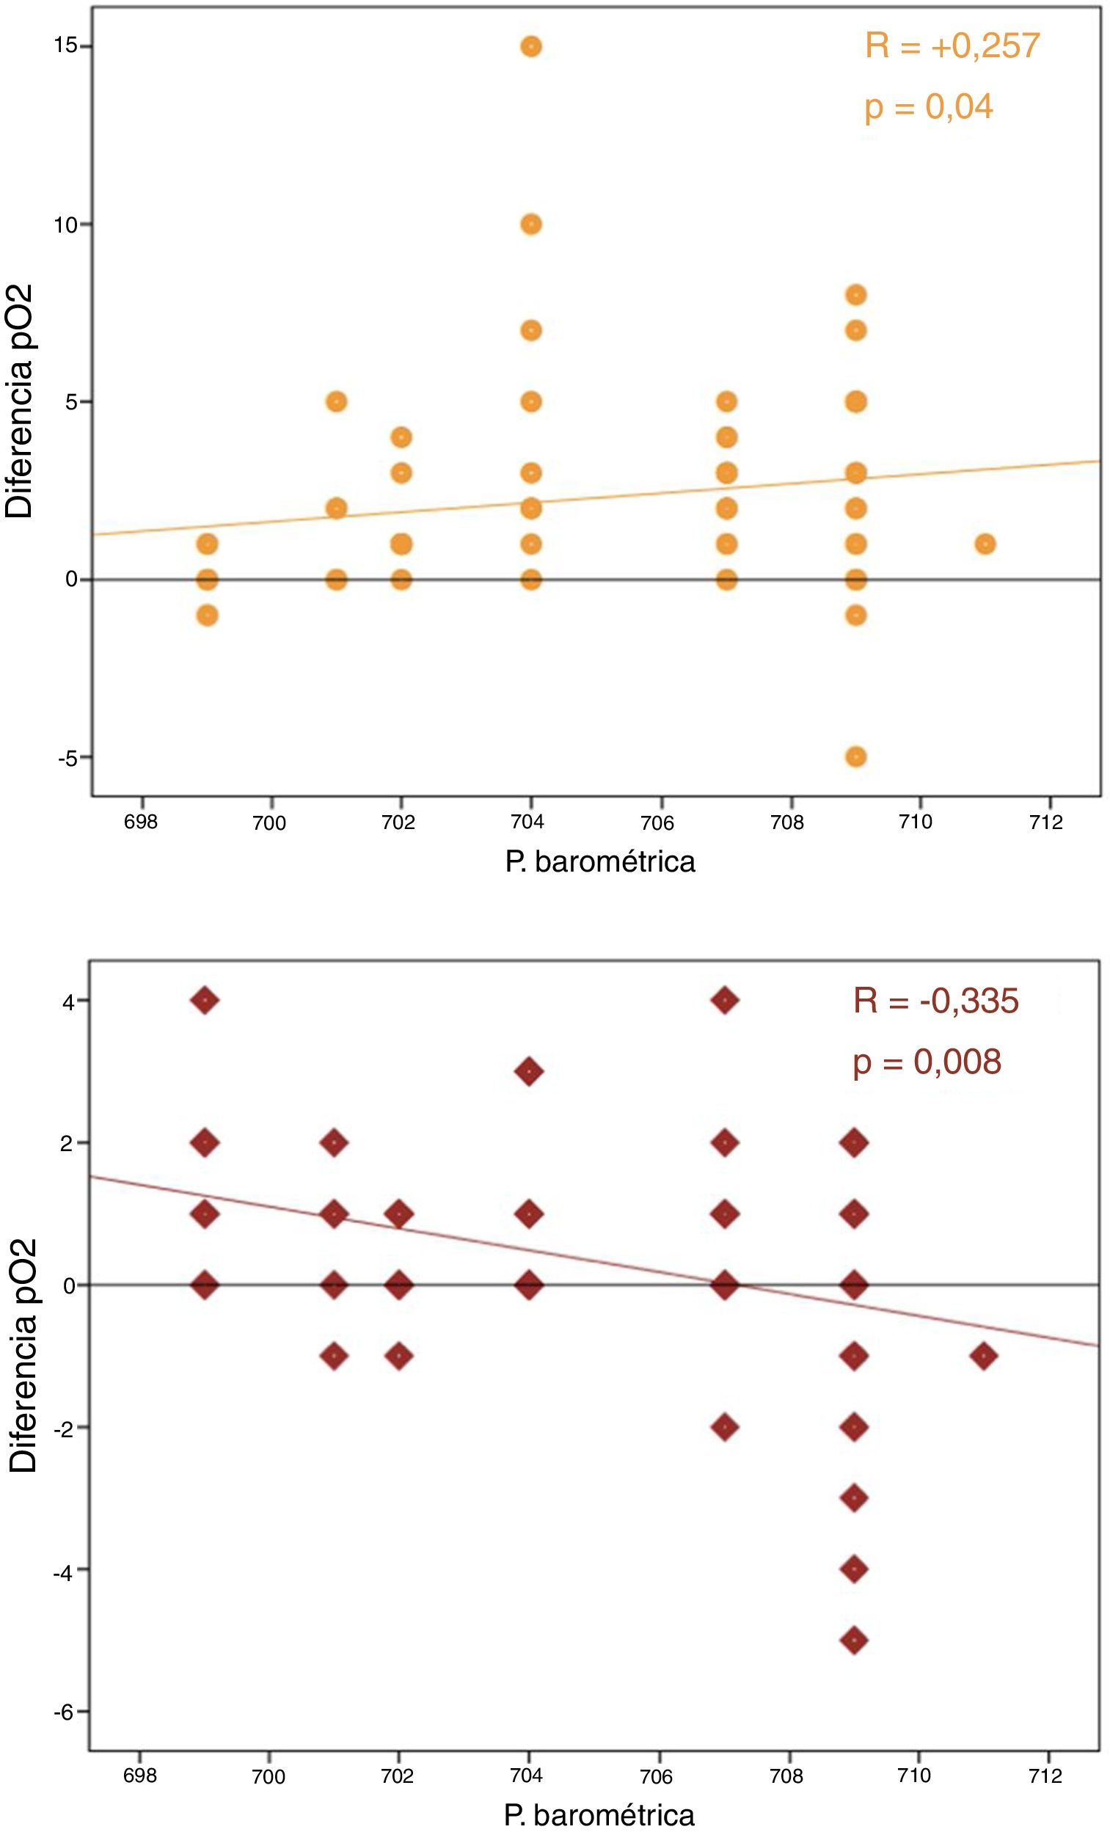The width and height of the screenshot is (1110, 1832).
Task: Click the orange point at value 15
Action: [531, 47]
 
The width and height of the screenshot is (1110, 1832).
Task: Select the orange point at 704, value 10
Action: [531, 224]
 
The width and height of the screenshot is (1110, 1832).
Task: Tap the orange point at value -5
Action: [855, 757]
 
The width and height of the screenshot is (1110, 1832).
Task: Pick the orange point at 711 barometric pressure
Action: [985, 544]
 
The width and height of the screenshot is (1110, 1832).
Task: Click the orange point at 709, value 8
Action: [855, 295]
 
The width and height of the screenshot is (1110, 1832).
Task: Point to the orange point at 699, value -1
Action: [208, 616]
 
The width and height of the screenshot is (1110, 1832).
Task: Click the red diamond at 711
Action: [984, 1356]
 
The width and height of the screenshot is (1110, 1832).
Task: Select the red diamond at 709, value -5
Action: [854, 1641]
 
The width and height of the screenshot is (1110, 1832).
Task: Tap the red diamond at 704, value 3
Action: [529, 1071]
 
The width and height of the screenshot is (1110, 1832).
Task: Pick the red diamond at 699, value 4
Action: [205, 1000]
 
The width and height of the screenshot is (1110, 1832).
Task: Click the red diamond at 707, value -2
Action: [725, 1427]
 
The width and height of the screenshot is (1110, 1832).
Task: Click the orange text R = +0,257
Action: [952, 47]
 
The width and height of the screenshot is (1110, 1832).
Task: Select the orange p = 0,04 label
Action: [929, 107]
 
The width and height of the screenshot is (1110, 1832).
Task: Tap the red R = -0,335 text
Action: [935, 1001]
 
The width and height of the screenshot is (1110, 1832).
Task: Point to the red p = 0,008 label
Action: [927, 1062]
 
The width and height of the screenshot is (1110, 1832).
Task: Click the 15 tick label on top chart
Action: [65, 46]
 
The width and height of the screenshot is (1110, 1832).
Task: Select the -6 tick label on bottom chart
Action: [63, 1712]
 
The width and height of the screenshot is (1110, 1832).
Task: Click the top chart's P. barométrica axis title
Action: [600, 862]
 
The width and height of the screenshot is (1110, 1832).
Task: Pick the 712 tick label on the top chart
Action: [1047, 822]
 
